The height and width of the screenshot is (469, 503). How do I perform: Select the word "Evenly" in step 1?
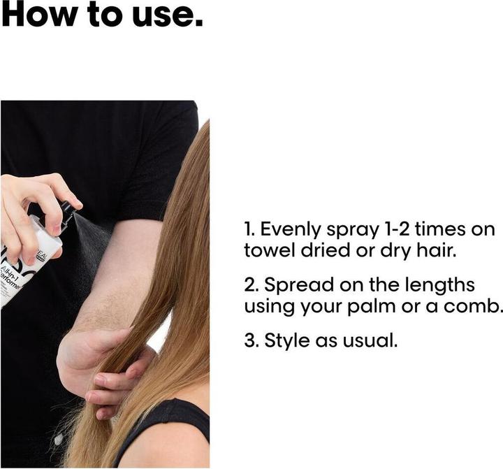(x=292, y=229)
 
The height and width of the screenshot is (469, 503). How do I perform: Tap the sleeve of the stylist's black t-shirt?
(x=161, y=168)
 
